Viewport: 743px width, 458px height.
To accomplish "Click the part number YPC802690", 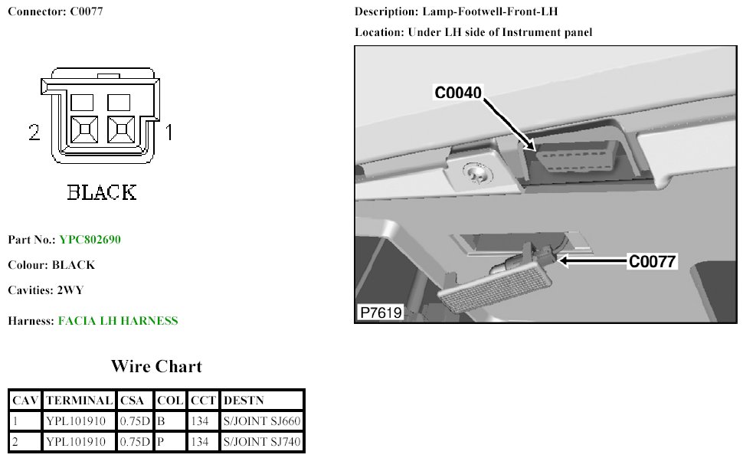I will tap(89, 240).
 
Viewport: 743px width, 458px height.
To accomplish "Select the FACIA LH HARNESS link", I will tap(118, 321).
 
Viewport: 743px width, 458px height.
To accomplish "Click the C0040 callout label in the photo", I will tap(458, 93).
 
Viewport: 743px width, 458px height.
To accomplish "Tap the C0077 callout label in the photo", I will tap(652, 262).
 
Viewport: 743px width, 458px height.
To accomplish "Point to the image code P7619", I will tap(381, 312).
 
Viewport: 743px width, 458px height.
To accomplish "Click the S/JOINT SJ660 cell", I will tap(261, 420).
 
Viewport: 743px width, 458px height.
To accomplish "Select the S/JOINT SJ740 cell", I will tap(261, 441).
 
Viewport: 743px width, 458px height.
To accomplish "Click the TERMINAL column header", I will tap(79, 401).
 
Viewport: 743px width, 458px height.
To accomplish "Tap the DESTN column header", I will tap(244, 401).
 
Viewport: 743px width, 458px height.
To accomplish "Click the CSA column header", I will tap(134, 401).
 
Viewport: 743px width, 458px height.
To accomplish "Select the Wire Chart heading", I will tap(156, 366).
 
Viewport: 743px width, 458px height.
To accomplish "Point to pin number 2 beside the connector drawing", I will tap(34, 133).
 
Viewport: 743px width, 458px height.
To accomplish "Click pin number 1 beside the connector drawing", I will tap(169, 133).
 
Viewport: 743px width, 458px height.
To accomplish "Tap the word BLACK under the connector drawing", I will tap(102, 191).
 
